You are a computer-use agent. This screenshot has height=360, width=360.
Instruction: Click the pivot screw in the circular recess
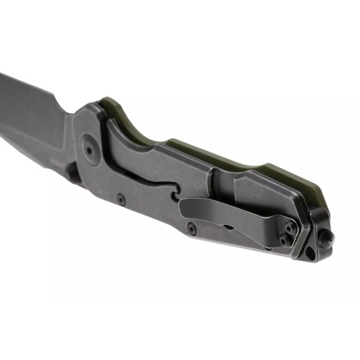tap(89, 149)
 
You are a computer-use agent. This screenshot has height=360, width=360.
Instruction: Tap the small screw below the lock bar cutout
tap(120, 199)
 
